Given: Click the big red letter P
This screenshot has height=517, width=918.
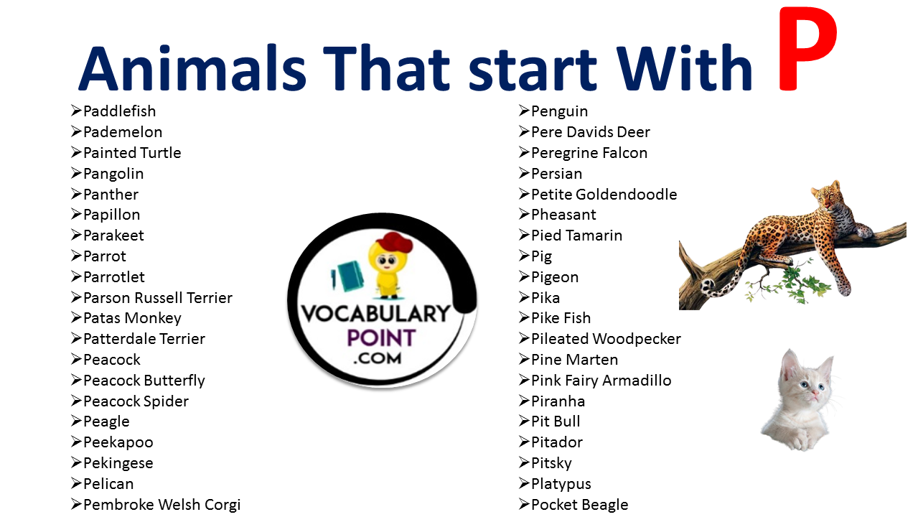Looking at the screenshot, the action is click(x=807, y=50).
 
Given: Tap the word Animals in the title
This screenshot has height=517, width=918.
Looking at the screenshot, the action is click(x=192, y=68).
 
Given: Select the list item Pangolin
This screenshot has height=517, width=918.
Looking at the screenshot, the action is click(x=113, y=174).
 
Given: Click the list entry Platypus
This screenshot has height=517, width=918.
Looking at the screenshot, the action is click(x=561, y=484).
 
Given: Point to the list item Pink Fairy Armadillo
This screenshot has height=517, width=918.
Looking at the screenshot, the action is click(x=601, y=381).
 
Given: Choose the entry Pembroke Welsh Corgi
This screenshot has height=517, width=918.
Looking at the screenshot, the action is click(x=162, y=505).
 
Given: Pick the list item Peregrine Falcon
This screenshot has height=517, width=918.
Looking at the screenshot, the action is click(x=589, y=154).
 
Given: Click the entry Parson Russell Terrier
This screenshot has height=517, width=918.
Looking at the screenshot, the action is click(x=158, y=298).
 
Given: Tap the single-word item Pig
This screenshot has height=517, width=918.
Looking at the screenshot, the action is click(x=541, y=256).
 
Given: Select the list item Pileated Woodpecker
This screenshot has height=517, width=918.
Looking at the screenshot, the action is click(x=606, y=339).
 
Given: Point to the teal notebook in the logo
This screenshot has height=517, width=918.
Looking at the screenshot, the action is click(x=349, y=276).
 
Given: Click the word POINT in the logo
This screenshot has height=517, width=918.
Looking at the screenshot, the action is click(x=382, y=339).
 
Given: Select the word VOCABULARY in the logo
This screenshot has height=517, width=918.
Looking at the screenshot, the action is click(x=376, y=315).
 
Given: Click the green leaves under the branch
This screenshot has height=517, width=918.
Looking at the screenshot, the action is click(x=787, y=283).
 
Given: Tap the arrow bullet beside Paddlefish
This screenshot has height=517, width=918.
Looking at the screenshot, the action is click(x=76, y=111).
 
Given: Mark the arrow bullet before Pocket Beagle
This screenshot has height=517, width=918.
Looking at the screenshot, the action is click(x=524, y=504).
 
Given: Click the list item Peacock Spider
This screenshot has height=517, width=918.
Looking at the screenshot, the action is click(x=136, y=401).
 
